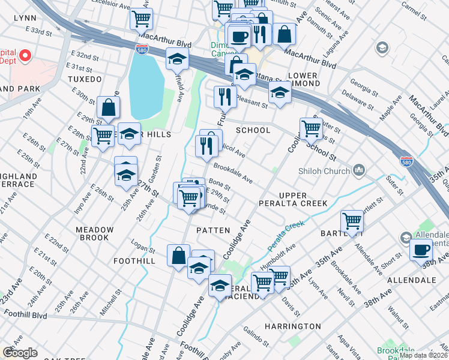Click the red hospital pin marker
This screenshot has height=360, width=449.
click(25, 56)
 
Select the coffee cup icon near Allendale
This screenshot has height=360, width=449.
click(421, 248)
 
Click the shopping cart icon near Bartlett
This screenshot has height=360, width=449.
click(352, 220)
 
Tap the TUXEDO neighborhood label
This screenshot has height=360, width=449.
click(85, 79)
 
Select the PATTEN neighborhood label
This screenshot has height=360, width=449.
click(213, 230)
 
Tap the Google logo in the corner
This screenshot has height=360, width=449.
click(20, 353)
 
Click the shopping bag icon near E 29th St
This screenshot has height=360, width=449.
click(109, 108)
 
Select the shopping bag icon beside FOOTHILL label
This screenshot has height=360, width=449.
click(179, 256)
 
